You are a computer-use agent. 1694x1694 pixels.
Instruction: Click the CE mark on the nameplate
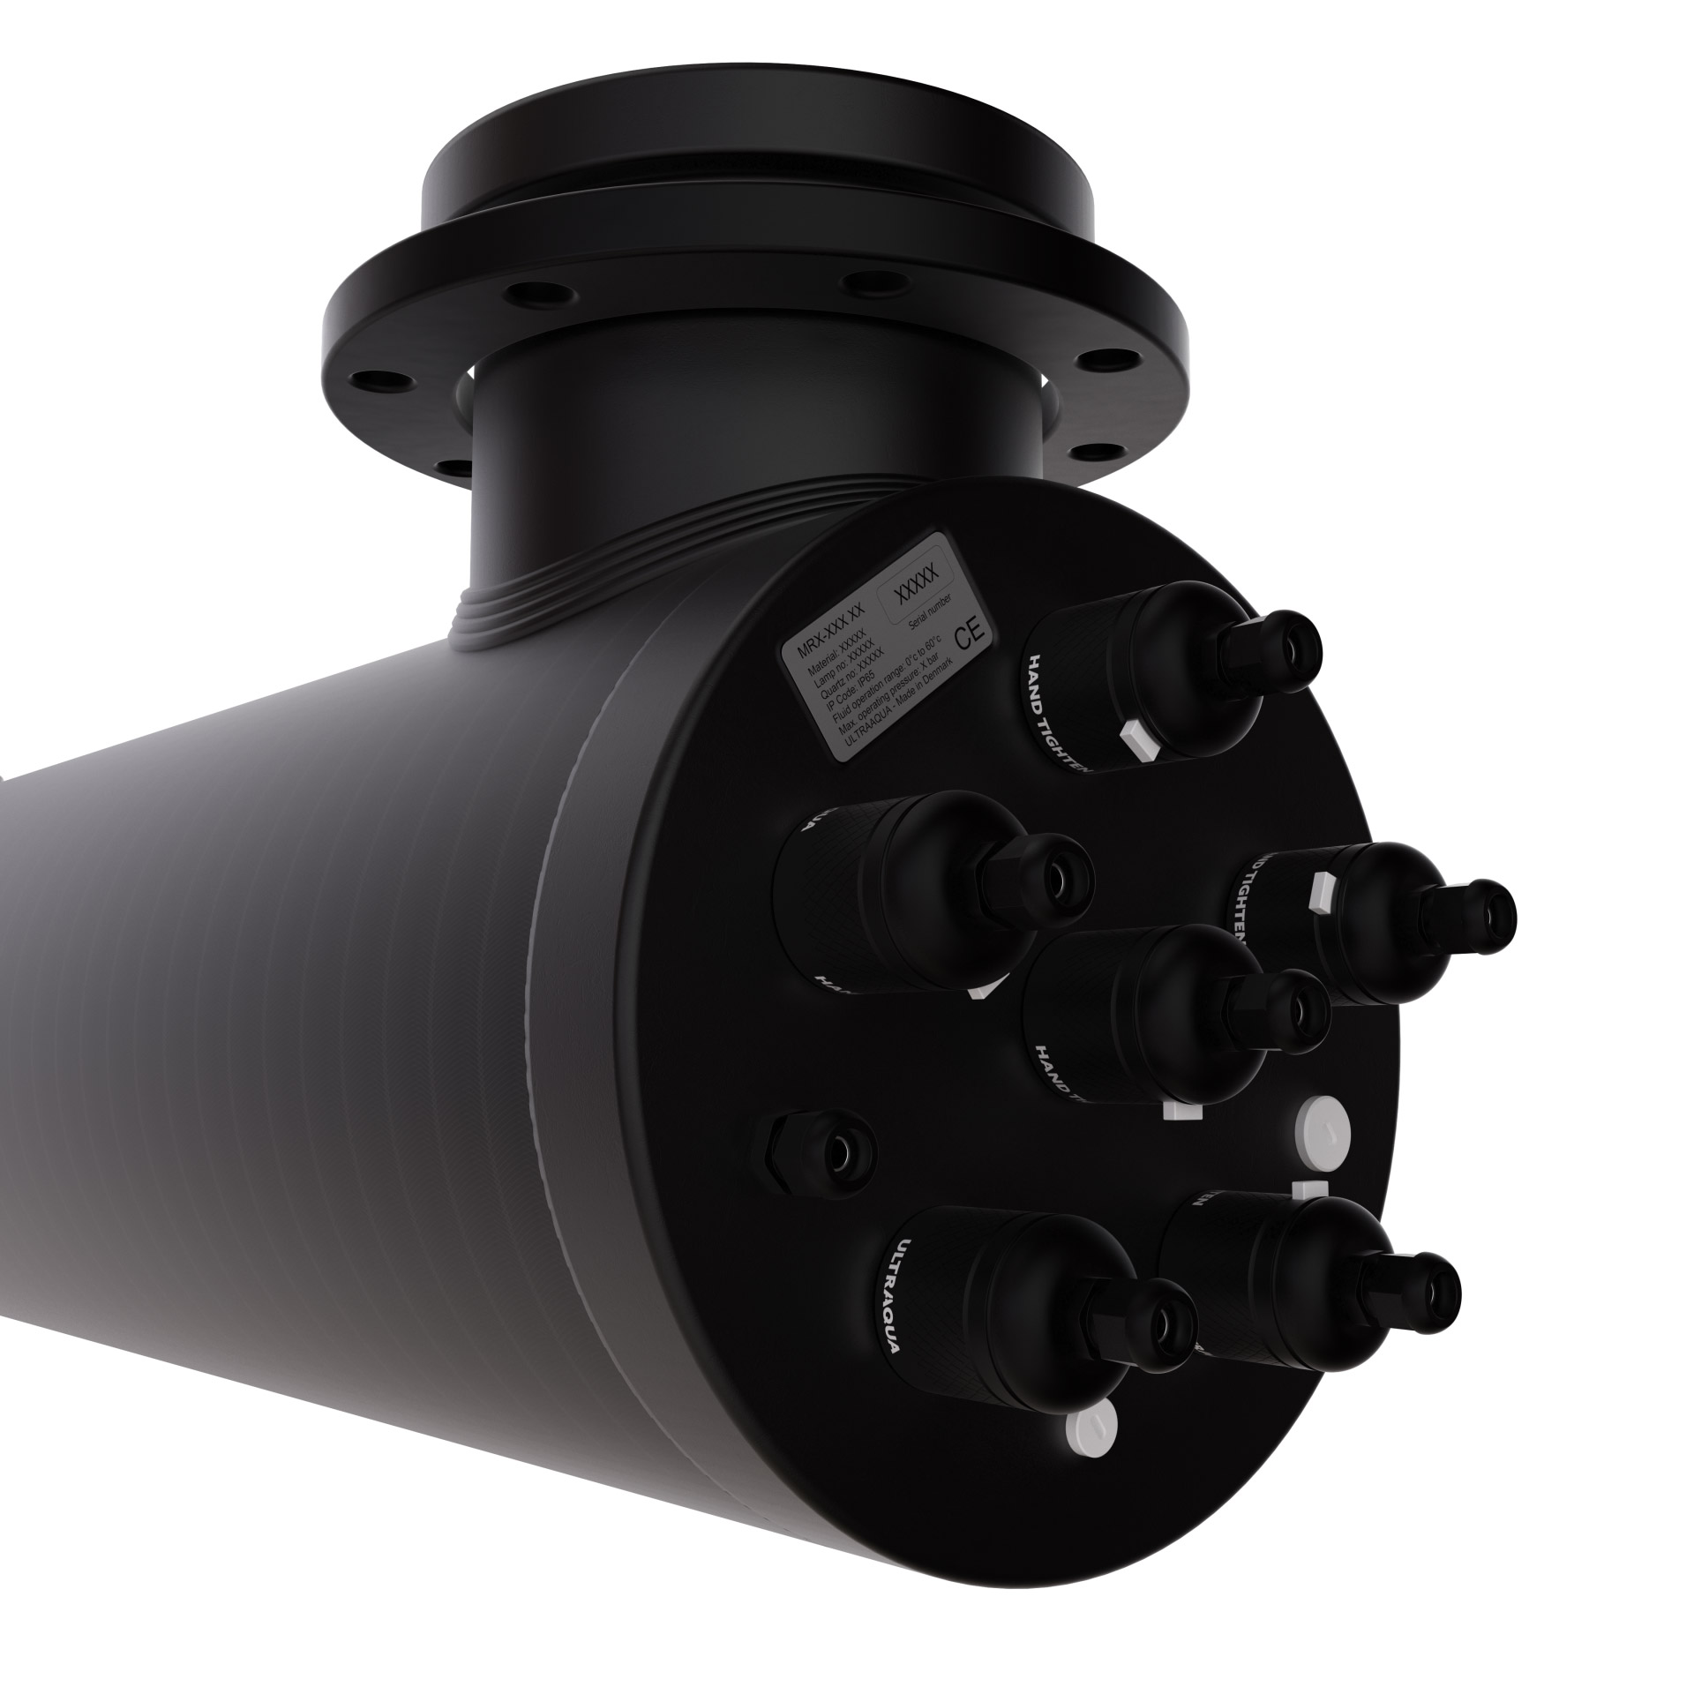click(968, 638)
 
